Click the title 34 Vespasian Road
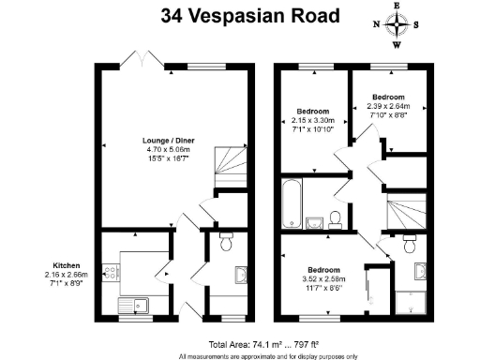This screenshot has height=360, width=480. (x=250, y=16)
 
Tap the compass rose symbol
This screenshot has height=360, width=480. (x=397, y=24)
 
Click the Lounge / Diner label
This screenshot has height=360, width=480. (x=169, y=141)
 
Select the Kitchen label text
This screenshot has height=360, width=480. (x=67, y=265)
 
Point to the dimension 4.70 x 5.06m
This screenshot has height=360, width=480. (x=169, y=150)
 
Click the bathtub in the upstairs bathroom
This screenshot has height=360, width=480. (x=292, y=203)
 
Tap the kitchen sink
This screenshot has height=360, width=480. (x=133, y=306)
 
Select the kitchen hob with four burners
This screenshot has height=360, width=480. (x=111, y=272)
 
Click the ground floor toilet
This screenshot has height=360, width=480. (x=226, y=241)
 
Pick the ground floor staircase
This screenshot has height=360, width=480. (x=231, y=167)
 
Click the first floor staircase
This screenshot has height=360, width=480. (x=407, y=211)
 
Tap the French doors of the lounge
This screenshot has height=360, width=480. (x=142, y=59)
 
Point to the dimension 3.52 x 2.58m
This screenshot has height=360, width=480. (x=324, y=279)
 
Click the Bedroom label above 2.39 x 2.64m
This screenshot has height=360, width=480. (x=388, y=97)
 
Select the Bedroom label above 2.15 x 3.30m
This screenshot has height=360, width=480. (x=313, y=112)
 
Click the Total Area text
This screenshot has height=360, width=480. (x=263, y=345)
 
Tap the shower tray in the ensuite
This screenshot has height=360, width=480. (x=411, y=303)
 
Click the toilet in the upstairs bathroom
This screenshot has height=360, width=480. (x=336, y=220)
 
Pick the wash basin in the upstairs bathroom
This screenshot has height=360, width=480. (x=314, y=223)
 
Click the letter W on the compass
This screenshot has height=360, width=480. (x=397, y=45)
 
